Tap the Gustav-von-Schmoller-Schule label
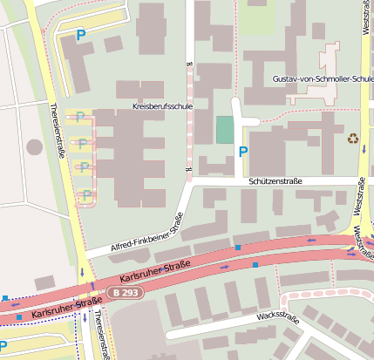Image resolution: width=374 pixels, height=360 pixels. (323, 78)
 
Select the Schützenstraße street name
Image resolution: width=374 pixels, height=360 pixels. (275, 181)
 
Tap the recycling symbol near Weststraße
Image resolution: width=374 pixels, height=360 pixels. (353, 138)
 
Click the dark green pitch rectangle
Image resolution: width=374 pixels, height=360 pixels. (225, 130)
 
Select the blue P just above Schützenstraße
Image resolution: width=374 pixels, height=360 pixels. (242, 152)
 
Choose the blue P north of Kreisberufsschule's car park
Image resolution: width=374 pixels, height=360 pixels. (81, 36)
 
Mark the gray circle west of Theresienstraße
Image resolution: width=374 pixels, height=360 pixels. (34, 146)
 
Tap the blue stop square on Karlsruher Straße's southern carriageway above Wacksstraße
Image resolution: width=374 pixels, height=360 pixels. (255, 263)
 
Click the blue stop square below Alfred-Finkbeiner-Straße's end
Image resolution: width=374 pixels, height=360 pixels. (237, 248)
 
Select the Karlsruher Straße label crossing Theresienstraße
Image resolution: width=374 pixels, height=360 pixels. (62, 306)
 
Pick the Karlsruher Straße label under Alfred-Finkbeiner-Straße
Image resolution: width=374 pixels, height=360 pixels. (155, 272)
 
